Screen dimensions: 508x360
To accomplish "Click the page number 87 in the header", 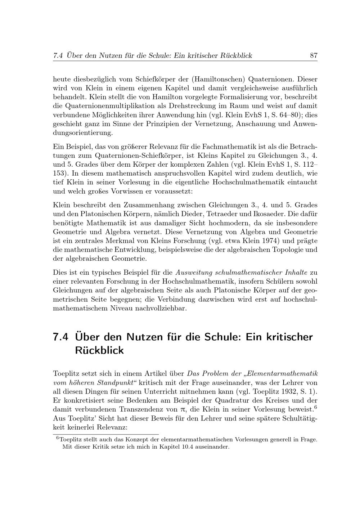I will pos(313,55).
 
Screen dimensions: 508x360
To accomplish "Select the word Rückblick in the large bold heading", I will pos(99,350).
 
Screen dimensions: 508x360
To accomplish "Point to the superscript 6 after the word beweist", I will pos(315,407).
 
